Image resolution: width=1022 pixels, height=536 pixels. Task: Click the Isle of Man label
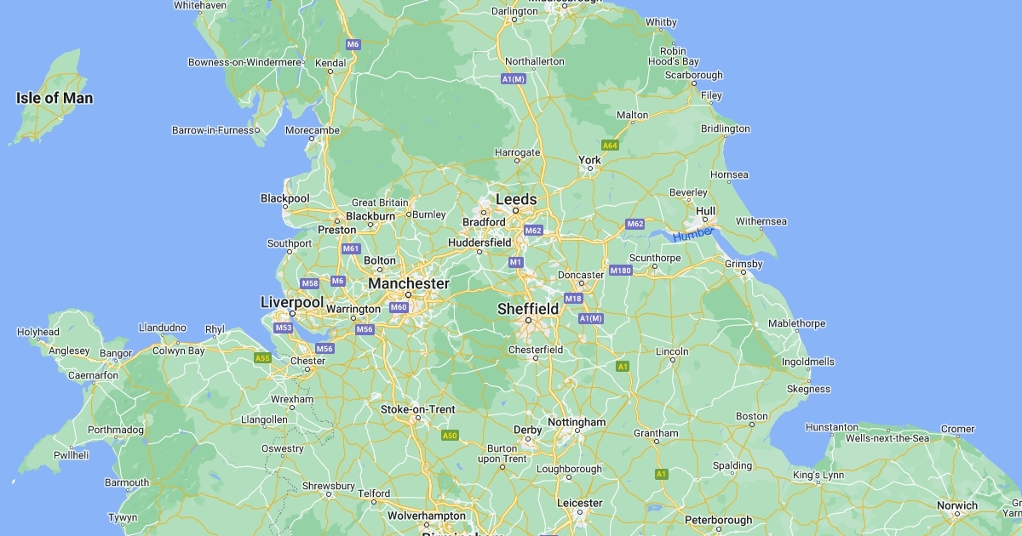(55, 98)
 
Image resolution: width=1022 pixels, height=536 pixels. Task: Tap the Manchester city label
(408, 282)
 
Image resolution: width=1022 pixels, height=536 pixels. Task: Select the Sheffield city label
(528, 308)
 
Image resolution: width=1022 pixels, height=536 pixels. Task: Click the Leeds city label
(516, 199)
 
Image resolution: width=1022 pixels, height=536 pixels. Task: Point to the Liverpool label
(291, 302)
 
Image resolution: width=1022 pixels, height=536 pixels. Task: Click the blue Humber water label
(692, 235)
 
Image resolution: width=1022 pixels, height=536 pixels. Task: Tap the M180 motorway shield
(620, 271)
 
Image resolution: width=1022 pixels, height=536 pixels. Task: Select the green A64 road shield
(610, 145)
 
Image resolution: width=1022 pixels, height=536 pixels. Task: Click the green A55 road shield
(262, 358)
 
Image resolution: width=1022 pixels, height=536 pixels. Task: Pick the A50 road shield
(450, 436)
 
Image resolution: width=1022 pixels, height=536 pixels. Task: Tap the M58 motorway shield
(309, 283)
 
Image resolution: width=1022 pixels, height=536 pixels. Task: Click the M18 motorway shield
(573, 299)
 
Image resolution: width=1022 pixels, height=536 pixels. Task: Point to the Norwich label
(957, 505)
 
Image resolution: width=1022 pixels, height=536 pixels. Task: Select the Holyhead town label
(38, 332)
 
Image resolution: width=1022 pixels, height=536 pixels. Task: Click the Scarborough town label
(693, 75)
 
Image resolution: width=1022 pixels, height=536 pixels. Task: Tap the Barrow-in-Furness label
(214, 130)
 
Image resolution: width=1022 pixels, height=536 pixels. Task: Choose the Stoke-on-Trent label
(417, 409)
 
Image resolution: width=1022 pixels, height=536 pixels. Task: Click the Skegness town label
(808, 389)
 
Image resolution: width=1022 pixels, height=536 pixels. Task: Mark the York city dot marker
(589, 169)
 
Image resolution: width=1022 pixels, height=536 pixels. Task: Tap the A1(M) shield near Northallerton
(513, 78)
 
